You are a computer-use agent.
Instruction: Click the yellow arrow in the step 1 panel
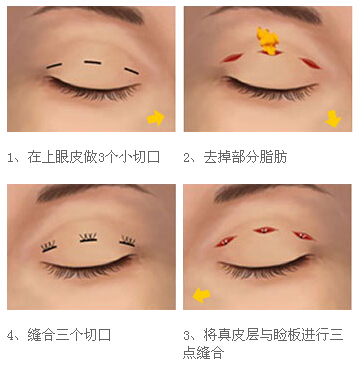(156, 118)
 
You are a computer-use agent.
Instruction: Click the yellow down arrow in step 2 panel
(333, 119)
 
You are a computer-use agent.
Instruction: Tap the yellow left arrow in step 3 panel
(201, 295)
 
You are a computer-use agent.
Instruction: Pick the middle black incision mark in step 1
(93, 63)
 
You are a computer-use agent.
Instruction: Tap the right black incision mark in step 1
(131, 70)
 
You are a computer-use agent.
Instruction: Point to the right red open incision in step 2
(310, 62)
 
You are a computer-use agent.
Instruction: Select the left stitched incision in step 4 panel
(49, 244)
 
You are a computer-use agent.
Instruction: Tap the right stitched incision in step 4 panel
(128, 241)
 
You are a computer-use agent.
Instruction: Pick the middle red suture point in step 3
(265, 231)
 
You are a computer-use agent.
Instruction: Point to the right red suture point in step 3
(300, 236)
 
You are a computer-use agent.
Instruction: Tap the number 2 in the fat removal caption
(189, 157)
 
